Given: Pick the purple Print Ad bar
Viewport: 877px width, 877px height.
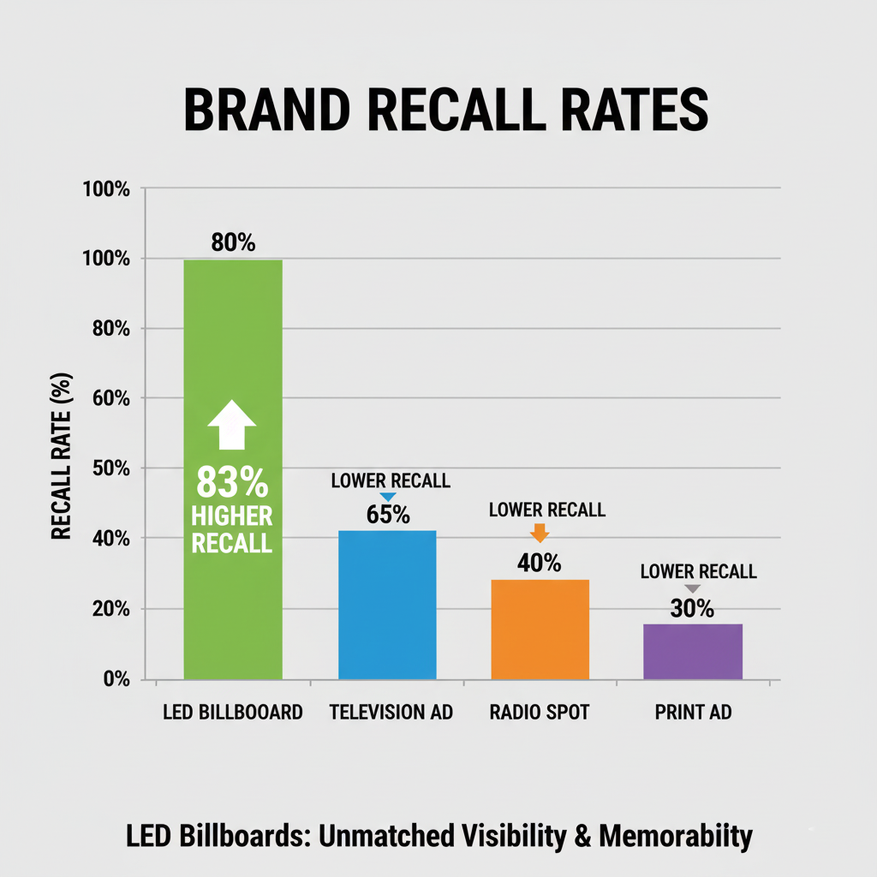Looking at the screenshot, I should tap(692, 652).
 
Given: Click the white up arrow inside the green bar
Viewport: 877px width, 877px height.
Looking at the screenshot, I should tap(232, 425).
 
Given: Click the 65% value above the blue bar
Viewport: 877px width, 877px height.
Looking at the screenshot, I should tap(388, 516).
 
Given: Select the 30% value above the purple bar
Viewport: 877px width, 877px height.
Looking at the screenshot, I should tap(692, 609).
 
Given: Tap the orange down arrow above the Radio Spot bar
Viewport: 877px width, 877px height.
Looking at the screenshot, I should tap(540, 533).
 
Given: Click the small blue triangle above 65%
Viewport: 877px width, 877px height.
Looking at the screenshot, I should tap(388, 497).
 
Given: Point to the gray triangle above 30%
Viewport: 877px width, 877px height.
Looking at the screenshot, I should tap(693, 588).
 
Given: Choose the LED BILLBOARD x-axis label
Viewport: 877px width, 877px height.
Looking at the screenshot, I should tap(233, 713).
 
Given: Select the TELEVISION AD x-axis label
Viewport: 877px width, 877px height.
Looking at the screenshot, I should tap(391, 713).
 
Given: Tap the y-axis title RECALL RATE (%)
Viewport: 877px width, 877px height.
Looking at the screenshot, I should tap(61, 456).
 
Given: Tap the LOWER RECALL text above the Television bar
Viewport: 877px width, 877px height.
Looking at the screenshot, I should tap(391, 481).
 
